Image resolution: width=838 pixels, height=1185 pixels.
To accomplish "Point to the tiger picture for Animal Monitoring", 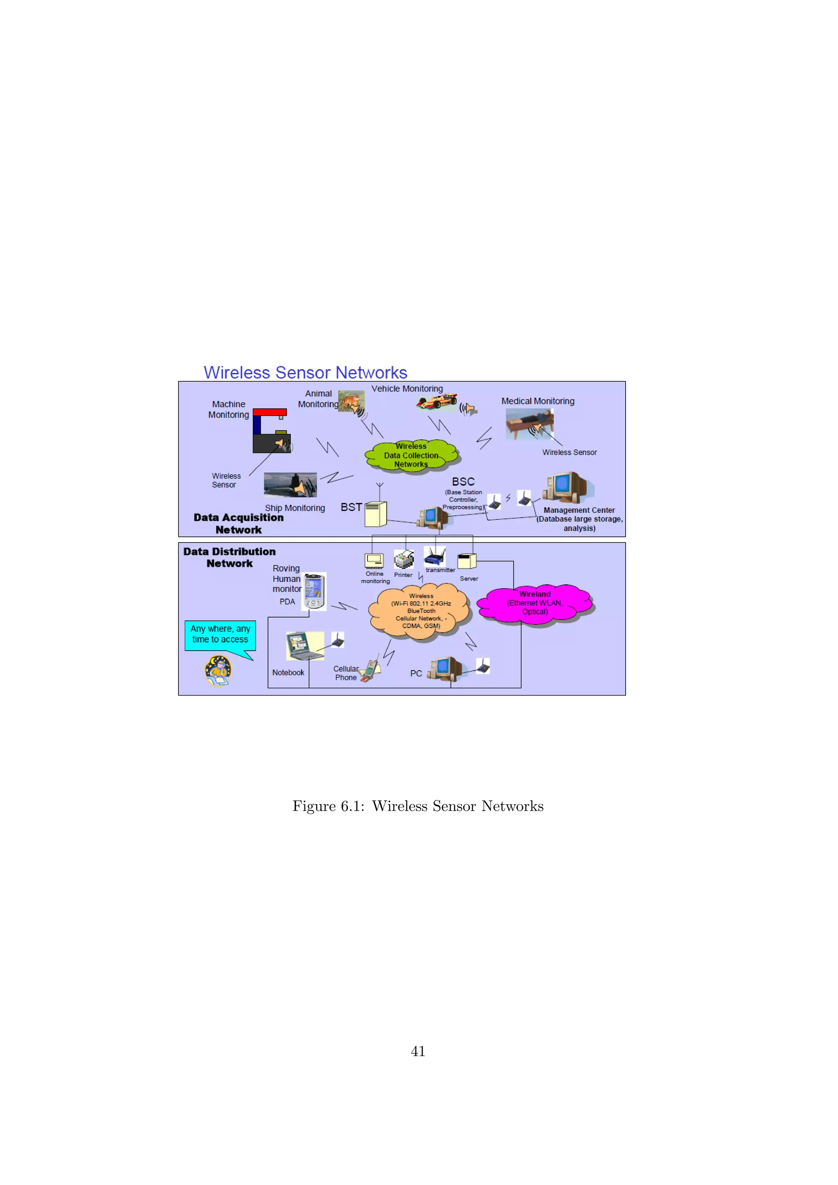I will [x=351, y=401].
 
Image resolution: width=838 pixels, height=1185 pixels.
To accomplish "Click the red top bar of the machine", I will [x=269, y=412].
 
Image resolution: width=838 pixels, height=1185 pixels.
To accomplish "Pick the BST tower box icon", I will [x=376, y=514].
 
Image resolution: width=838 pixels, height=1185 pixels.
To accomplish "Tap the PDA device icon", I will [x=314, y=591].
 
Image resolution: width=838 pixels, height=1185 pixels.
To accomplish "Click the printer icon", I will [x=403, y=559].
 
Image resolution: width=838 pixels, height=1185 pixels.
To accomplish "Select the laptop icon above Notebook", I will [x=304, y=646].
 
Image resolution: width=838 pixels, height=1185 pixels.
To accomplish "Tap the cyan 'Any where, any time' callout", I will [x=220, y=635].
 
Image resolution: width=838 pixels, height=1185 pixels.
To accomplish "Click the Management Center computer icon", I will [x=565, y=487].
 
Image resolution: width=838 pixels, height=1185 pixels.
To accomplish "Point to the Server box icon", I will [x=466, y=561].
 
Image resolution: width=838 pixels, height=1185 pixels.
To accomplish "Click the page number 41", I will [x=418, y=1051].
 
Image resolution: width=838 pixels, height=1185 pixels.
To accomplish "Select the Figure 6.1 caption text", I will [x=418, y=806].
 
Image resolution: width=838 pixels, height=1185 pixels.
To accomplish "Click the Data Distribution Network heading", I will [x=229, y=557].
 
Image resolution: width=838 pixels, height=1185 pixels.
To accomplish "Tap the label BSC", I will [x=463, y=482].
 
